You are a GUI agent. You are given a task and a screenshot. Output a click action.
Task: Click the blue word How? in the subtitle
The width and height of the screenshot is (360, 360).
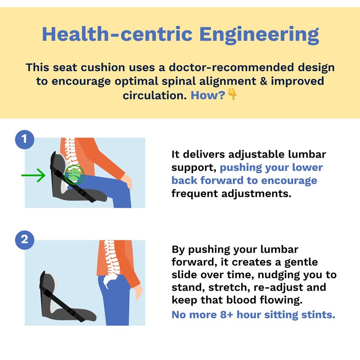pos(207,95)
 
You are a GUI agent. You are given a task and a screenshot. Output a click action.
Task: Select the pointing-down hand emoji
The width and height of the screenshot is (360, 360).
pos(232,94)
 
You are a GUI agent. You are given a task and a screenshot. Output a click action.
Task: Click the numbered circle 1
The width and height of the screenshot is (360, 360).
pos(25,139)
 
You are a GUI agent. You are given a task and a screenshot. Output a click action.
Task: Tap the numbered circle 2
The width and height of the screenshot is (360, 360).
pos(25,239)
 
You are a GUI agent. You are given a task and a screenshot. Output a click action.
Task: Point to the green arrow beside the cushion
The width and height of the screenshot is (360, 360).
pos(34,175)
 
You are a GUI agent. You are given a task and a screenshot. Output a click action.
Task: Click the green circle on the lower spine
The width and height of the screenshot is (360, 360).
pos(75,175)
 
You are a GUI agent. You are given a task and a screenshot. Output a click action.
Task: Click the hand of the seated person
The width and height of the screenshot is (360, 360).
pos(128,182)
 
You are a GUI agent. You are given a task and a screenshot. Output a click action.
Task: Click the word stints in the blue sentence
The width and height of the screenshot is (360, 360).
pos(319,314)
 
